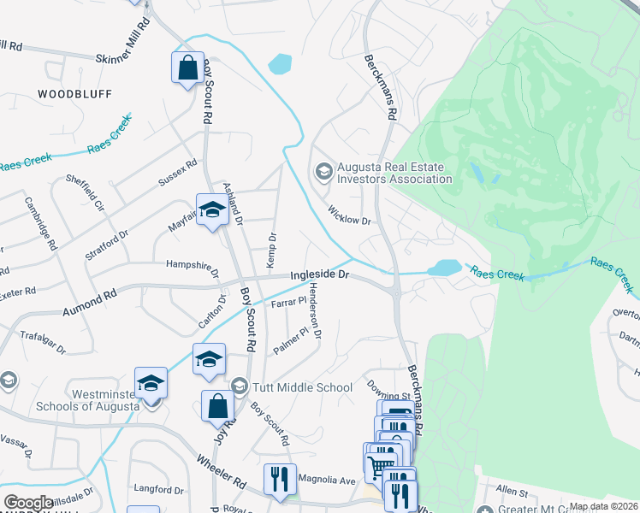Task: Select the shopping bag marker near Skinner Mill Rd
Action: click(187, 67)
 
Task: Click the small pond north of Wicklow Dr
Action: click(280, 64)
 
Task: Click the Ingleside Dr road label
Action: click(320, 275)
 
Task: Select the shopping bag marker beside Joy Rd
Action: click(217, 405)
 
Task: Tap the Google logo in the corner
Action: click(28, 502)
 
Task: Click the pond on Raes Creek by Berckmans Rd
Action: click(444, 268)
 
